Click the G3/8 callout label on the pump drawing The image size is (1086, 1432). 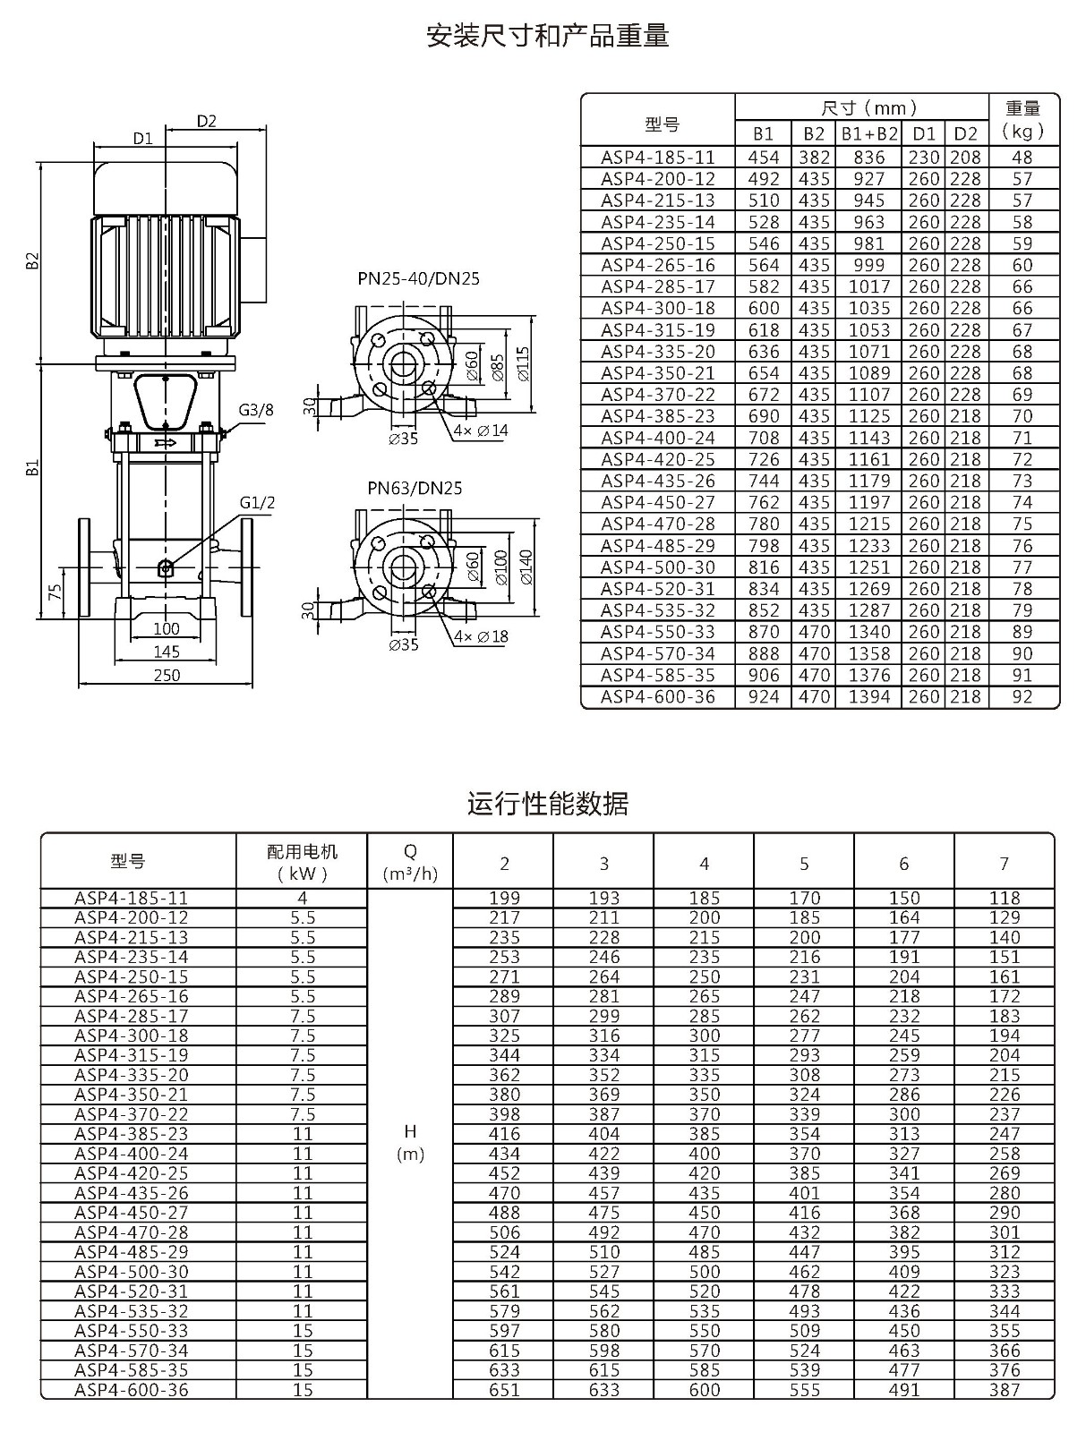(256, 410)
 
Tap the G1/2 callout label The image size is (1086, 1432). (257, 502)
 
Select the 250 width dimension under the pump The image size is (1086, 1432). (167, 675)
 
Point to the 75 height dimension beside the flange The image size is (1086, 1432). (56, 592)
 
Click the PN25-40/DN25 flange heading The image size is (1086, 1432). (418, 278)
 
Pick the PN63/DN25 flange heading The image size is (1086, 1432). (415, 488)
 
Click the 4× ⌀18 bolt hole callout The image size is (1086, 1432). (481, 636)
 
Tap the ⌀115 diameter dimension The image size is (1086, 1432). (524, 364)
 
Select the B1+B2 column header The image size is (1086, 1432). (869, 133)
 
